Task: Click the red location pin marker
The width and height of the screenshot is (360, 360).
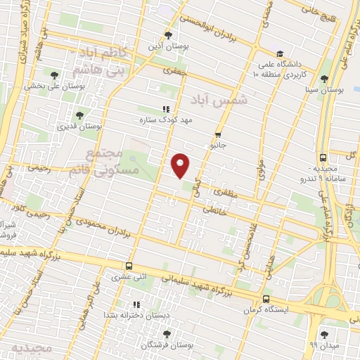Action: click(181, 166)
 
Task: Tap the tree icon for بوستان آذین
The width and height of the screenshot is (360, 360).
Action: click(167, 34)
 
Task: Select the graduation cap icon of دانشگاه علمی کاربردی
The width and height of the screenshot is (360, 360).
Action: click(279, 53)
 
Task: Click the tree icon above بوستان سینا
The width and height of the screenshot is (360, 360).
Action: click(324, 79)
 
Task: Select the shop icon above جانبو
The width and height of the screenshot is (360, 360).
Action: click(219, 134)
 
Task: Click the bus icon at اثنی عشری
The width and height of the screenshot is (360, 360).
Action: click(128, 266)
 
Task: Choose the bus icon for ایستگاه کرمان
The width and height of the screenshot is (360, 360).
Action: click(267, 297)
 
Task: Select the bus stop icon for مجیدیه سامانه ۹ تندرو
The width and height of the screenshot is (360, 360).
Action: click(322, 158)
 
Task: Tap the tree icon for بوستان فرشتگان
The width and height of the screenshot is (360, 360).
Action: click(148, 334)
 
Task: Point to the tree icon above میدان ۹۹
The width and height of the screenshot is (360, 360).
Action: click(324, 334)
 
